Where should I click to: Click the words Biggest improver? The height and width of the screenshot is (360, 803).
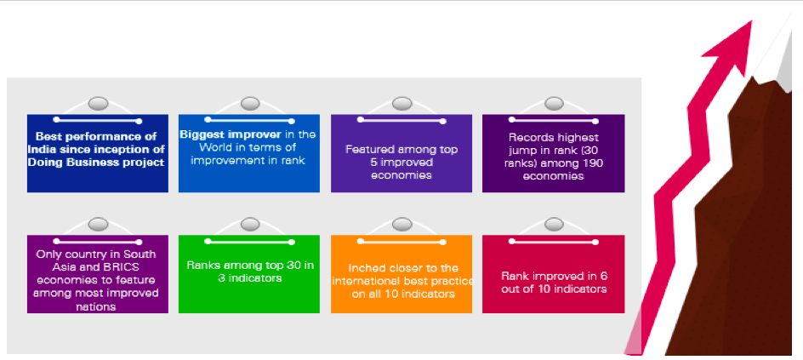point(231,134)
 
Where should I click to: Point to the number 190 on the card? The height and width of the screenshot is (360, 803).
point(594,163)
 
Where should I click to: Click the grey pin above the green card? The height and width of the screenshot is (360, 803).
point(250,225)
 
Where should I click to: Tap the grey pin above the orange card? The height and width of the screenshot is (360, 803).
point(402,225)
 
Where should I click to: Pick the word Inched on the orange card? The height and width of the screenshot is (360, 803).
point(366,268)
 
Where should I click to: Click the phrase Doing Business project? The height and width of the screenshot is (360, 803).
point(96,163)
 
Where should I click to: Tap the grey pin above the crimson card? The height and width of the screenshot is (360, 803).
point(554,225)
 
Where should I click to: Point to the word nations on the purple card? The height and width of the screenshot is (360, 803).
point(97,306)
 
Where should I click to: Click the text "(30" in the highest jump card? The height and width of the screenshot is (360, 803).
point(590,151)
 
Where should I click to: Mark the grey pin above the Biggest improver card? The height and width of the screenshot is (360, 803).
point(250,104)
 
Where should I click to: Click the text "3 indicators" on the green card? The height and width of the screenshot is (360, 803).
point(249,278)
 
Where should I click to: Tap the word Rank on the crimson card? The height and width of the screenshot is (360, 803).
point(515,276)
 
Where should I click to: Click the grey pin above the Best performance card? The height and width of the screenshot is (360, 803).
point(98,104)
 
